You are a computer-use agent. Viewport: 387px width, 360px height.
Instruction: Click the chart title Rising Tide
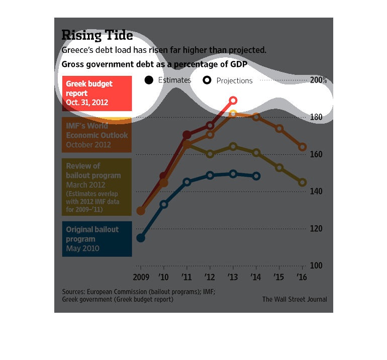(97, 35)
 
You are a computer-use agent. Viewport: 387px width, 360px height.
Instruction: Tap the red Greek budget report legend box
(96, 94)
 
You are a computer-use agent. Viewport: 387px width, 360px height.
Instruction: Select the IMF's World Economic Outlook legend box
(96, 135)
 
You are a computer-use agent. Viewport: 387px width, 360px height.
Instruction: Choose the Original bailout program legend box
(96, 239)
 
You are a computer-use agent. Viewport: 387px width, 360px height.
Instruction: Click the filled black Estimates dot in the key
(149, 80)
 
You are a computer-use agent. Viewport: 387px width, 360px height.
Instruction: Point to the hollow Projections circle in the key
(207, 80)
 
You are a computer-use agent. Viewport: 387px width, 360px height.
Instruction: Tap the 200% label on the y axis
(318, 80)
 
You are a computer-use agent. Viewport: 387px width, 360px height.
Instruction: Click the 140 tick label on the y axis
(315, 192)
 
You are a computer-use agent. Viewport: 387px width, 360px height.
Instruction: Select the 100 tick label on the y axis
(315, 265)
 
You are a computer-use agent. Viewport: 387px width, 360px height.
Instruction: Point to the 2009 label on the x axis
(141, 277)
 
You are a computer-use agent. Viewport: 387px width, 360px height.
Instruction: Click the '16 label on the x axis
(302, 277)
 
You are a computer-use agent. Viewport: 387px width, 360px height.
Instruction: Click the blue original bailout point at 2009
(141, 238)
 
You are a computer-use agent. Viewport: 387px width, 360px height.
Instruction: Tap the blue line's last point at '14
(256, 176)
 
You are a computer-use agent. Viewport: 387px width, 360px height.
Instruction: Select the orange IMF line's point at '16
(303, 147)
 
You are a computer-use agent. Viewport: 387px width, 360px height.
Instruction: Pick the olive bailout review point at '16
(303, 183)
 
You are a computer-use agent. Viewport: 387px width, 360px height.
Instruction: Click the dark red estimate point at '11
(187, 135)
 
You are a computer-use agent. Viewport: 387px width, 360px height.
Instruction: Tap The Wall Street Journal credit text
(295, 299)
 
